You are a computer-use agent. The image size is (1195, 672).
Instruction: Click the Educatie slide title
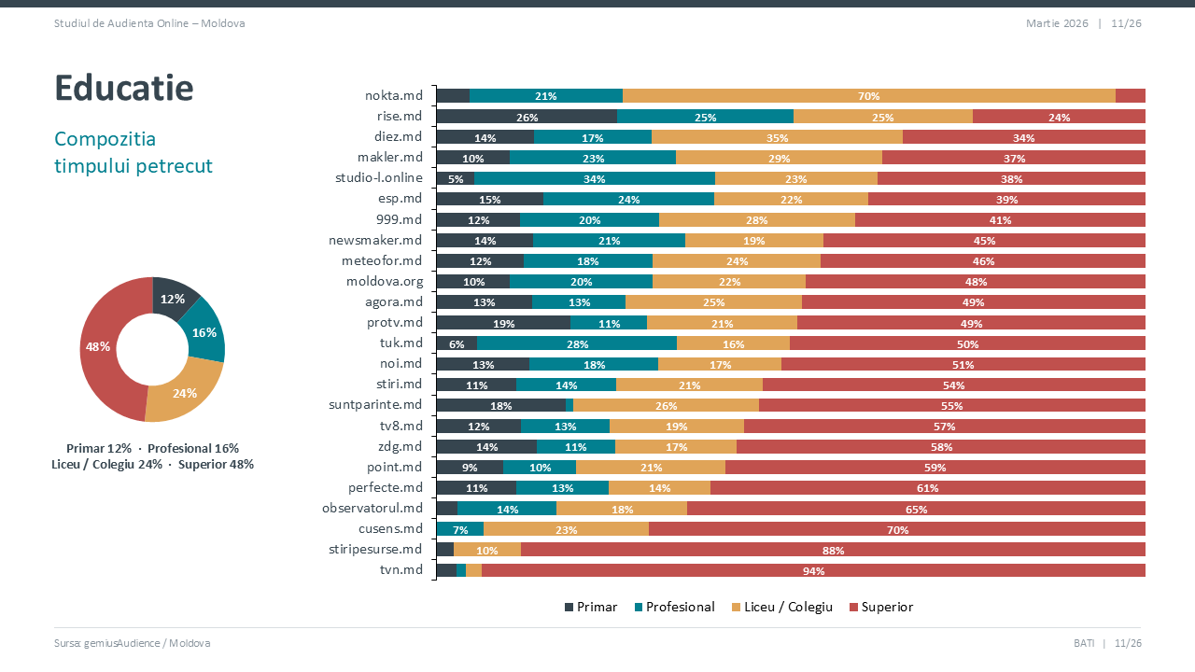point(124,88)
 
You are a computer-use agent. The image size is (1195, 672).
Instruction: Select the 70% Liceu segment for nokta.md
point(868,96)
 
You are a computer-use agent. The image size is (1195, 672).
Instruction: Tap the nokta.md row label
point(394,96)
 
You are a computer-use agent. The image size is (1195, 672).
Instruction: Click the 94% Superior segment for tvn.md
point(813,570)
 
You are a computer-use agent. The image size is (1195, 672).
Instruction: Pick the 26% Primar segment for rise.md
point(527,117)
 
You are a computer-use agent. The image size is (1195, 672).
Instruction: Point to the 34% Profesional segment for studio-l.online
point(595,178)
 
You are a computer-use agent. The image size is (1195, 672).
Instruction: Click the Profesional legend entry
point(674,608)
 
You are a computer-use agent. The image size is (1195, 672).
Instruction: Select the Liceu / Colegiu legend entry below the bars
point(781,608)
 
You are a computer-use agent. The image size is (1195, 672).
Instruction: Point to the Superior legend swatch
point(854,608)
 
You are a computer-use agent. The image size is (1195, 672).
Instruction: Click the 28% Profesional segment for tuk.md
point(577,343)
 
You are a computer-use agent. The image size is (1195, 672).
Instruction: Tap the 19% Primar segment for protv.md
point(503,323)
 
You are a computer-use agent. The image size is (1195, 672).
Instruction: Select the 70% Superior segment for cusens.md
point(897,529)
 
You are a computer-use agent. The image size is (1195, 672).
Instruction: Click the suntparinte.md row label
point(376,405)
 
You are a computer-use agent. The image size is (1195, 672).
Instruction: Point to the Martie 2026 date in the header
point(1057,23)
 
